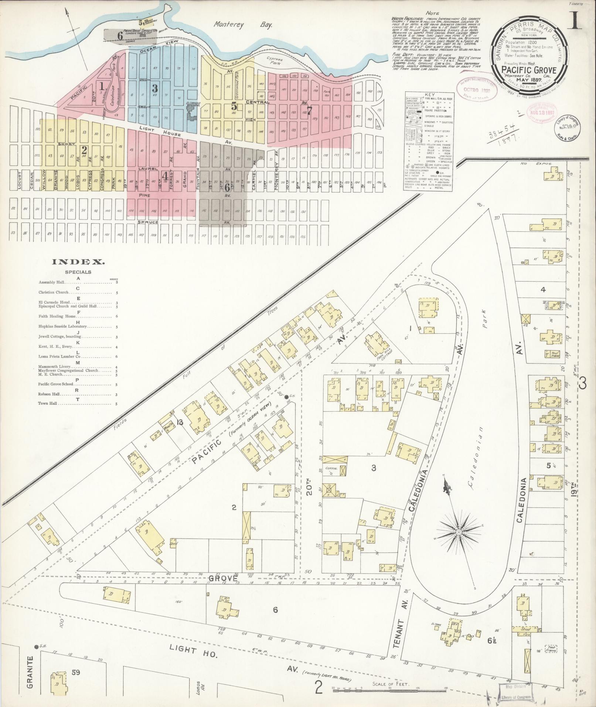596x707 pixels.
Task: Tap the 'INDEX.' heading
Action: pos(78,262)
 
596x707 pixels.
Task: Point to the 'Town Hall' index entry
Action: pos(48,404)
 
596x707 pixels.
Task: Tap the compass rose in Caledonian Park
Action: pos(458,532)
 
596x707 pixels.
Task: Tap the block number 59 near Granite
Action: pos(76,672)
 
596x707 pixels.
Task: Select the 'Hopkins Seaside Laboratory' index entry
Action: pos(63,326)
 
